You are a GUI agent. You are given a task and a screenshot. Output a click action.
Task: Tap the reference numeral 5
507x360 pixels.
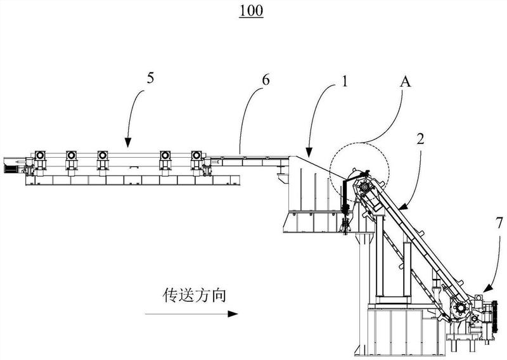coord(150,79)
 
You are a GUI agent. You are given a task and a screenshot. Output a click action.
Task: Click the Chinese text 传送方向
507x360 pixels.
coord(189,295)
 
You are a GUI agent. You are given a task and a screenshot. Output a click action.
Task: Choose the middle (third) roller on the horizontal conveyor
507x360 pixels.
coord(102,156)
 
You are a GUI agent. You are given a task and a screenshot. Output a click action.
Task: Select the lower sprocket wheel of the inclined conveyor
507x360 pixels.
coord(461,309)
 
